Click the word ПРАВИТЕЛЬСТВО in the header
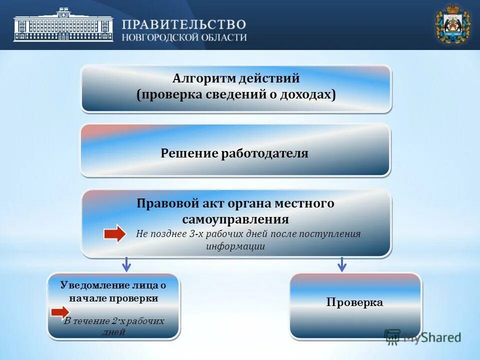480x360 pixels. coord(184,24)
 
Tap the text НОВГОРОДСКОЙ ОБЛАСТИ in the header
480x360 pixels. coord(184,37)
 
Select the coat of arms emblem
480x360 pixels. coord(452,24)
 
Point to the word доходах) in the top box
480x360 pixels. coord(313,95)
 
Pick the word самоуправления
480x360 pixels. coord(235,219)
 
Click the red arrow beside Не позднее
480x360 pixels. coord(115,234)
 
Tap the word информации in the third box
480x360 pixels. coord(235,246)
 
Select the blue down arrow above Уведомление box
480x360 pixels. coord(126,264)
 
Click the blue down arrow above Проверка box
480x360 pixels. coord(341,264)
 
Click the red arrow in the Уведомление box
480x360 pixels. coord(60,313)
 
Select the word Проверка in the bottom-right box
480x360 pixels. coord(354,302)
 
